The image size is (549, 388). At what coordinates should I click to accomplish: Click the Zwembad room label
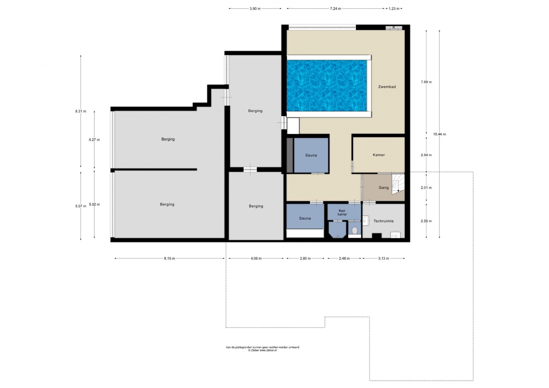[387, 87]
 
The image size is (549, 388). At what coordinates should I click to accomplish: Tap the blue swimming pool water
[327, 86]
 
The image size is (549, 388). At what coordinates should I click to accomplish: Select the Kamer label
[379, 155]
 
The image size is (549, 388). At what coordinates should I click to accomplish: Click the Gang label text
[384, 188]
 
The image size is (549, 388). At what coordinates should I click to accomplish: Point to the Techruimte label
[383, 221]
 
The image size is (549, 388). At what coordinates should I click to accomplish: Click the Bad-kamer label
[342, 213]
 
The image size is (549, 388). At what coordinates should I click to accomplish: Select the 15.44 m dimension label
[439, 134]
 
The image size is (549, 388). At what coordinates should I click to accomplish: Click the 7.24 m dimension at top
[335, 9]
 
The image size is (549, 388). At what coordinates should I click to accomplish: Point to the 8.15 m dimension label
[169, 259]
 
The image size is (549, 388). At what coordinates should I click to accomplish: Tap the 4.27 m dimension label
[94, 140]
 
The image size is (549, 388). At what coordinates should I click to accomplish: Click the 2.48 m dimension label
[344, 259]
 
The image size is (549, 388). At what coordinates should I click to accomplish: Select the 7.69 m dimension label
[426, 82]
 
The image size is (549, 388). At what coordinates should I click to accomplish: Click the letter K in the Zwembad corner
[394, 27]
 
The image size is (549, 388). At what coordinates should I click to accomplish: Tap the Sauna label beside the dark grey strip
[311, 155]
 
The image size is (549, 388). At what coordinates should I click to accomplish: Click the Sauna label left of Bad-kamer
[305, 218]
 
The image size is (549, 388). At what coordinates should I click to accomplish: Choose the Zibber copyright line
[262, 350]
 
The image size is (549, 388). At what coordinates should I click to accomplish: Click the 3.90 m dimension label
[255, 9]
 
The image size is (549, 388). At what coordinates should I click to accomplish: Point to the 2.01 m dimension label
[426, 188]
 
